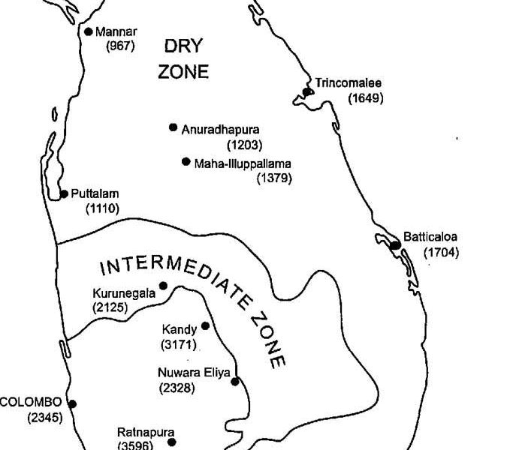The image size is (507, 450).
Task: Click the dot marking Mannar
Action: click(x=89, y=31)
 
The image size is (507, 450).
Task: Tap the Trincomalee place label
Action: click(x=347, y=84)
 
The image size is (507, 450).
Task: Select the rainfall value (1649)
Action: click(x=366, y=98)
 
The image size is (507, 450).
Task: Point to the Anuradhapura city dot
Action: click(x=174, y=127)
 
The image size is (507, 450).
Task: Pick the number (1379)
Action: click(x=273, y=178)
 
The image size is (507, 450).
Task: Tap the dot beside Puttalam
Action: click(x=65, y=193)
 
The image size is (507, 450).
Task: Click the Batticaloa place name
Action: click(x=430, y=237)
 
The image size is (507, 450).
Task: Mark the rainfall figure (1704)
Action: click(x=441, y=252)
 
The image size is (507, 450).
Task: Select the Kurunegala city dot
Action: click(x=162, y=286)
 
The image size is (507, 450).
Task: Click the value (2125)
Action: click(x=110, y=307)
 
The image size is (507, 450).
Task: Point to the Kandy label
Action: click(x=179, y=328)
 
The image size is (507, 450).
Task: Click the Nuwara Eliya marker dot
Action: click(x=235, y=382)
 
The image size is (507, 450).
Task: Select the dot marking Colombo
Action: click(x=73, y=403)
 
